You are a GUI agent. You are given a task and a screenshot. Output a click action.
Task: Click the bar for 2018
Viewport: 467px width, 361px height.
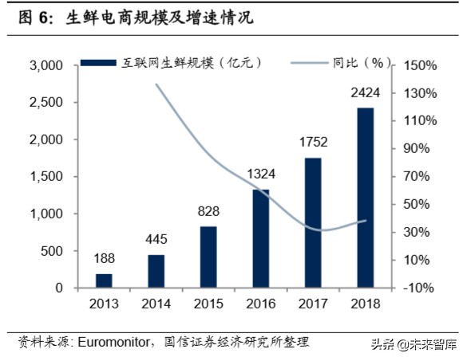point(365,198)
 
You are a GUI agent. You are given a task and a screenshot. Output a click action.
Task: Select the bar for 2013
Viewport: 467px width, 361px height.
point(105,281)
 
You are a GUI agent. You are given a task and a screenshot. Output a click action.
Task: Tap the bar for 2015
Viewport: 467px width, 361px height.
point(208,257)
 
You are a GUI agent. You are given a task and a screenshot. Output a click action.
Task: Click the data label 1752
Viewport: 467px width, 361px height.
point(312,145)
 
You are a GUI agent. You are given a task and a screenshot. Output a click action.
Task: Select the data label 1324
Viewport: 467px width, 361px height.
point(261,177)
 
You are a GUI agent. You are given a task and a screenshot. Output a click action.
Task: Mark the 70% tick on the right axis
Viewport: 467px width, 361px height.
point(418,177)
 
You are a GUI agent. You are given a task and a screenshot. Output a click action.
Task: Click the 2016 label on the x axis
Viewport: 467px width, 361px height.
point(260,304)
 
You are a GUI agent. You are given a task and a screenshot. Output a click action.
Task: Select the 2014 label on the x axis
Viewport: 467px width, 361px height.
point(156,304)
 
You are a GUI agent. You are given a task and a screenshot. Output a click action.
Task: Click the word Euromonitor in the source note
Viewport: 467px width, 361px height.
point(111,342)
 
